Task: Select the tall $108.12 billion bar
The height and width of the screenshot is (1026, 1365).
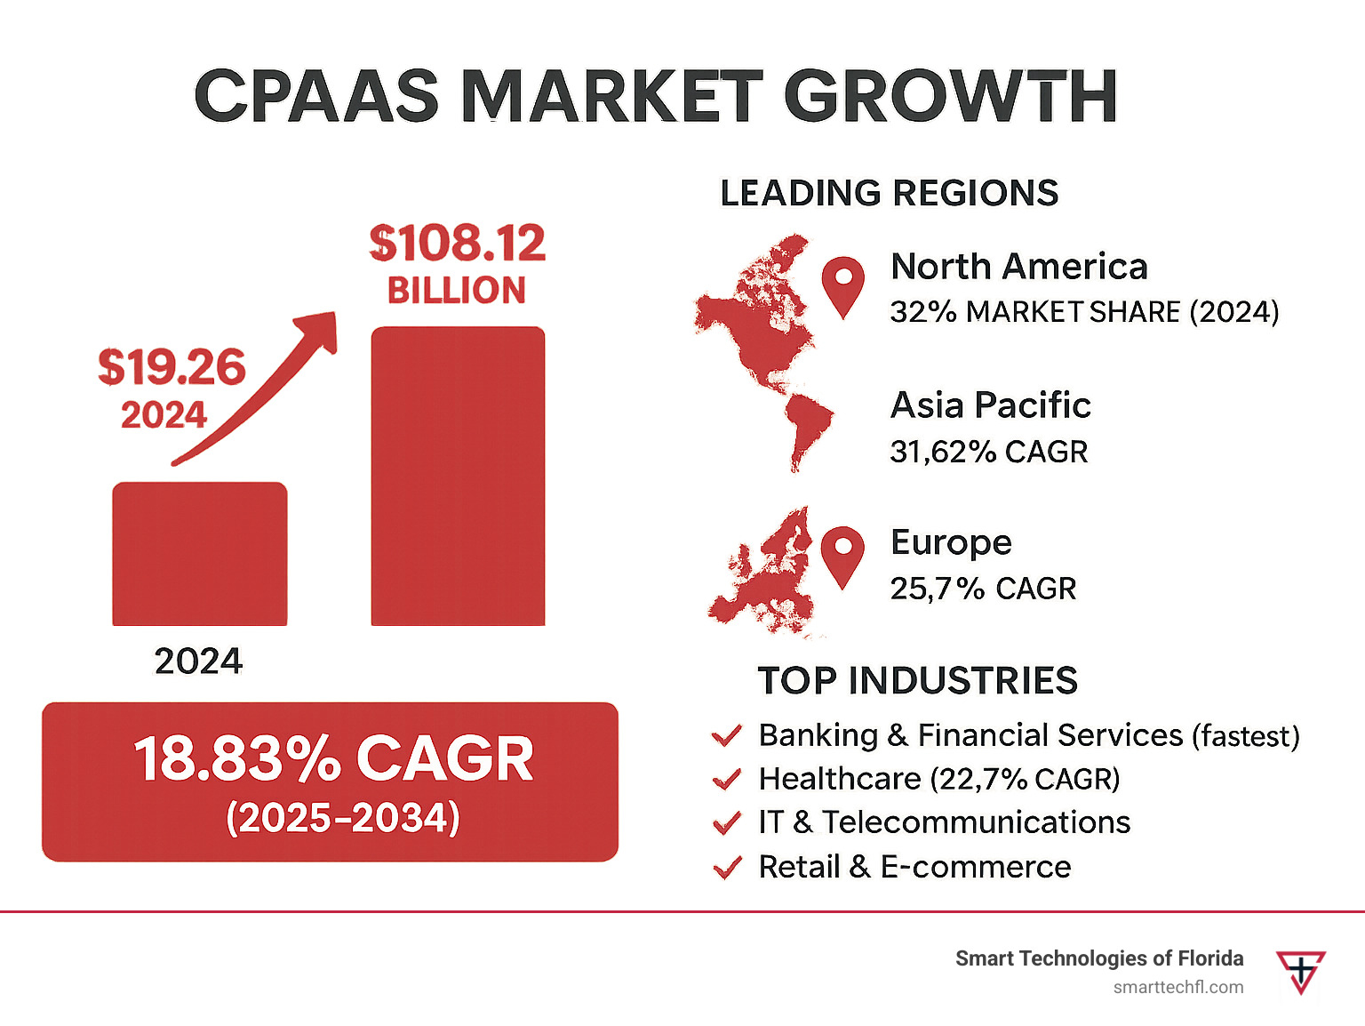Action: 458,476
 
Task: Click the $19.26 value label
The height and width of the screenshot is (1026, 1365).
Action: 172,367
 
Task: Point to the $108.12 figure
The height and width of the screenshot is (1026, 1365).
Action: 457,244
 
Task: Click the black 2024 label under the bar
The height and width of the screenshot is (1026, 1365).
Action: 198,661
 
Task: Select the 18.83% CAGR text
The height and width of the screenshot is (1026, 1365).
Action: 333,759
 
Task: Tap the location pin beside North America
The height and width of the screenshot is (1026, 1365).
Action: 842,284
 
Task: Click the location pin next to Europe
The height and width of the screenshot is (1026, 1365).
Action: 842,554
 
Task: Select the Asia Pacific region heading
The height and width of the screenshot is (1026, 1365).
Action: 990,405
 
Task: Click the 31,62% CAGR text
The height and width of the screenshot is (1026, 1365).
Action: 988,452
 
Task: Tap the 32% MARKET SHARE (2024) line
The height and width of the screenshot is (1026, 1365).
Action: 1084,312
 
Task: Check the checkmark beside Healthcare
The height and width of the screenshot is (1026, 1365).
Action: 727,780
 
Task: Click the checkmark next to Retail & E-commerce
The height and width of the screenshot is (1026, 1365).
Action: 727,867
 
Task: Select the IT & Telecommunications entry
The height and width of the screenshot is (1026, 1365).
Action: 944,822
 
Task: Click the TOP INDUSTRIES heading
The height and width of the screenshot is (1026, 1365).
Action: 917,681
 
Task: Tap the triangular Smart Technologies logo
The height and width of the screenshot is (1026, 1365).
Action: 1300,971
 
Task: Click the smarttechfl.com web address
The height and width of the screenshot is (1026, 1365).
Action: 1177,987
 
